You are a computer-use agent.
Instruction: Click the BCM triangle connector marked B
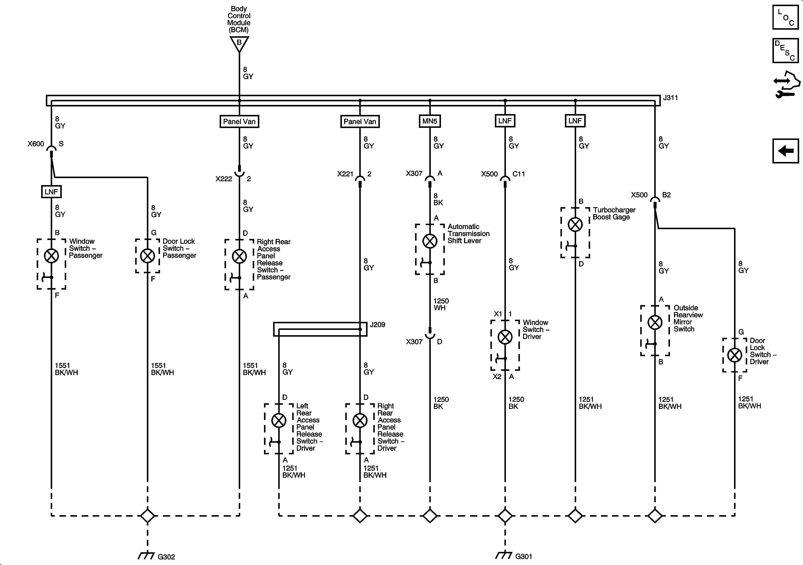click(239, 43)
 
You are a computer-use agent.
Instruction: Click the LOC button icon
click(785, 17)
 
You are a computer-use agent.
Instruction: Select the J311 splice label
click(670, 98)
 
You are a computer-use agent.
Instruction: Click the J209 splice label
click(377, 325)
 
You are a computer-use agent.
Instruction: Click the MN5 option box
click(430, 121)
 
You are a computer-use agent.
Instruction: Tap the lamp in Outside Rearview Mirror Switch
click(655, 322)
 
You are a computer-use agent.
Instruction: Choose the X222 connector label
click(223, 179)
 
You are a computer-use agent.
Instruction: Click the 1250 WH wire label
click(441, 304)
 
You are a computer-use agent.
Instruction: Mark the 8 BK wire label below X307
click(438, 199)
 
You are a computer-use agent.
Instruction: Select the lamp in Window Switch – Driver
click(505, 337)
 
